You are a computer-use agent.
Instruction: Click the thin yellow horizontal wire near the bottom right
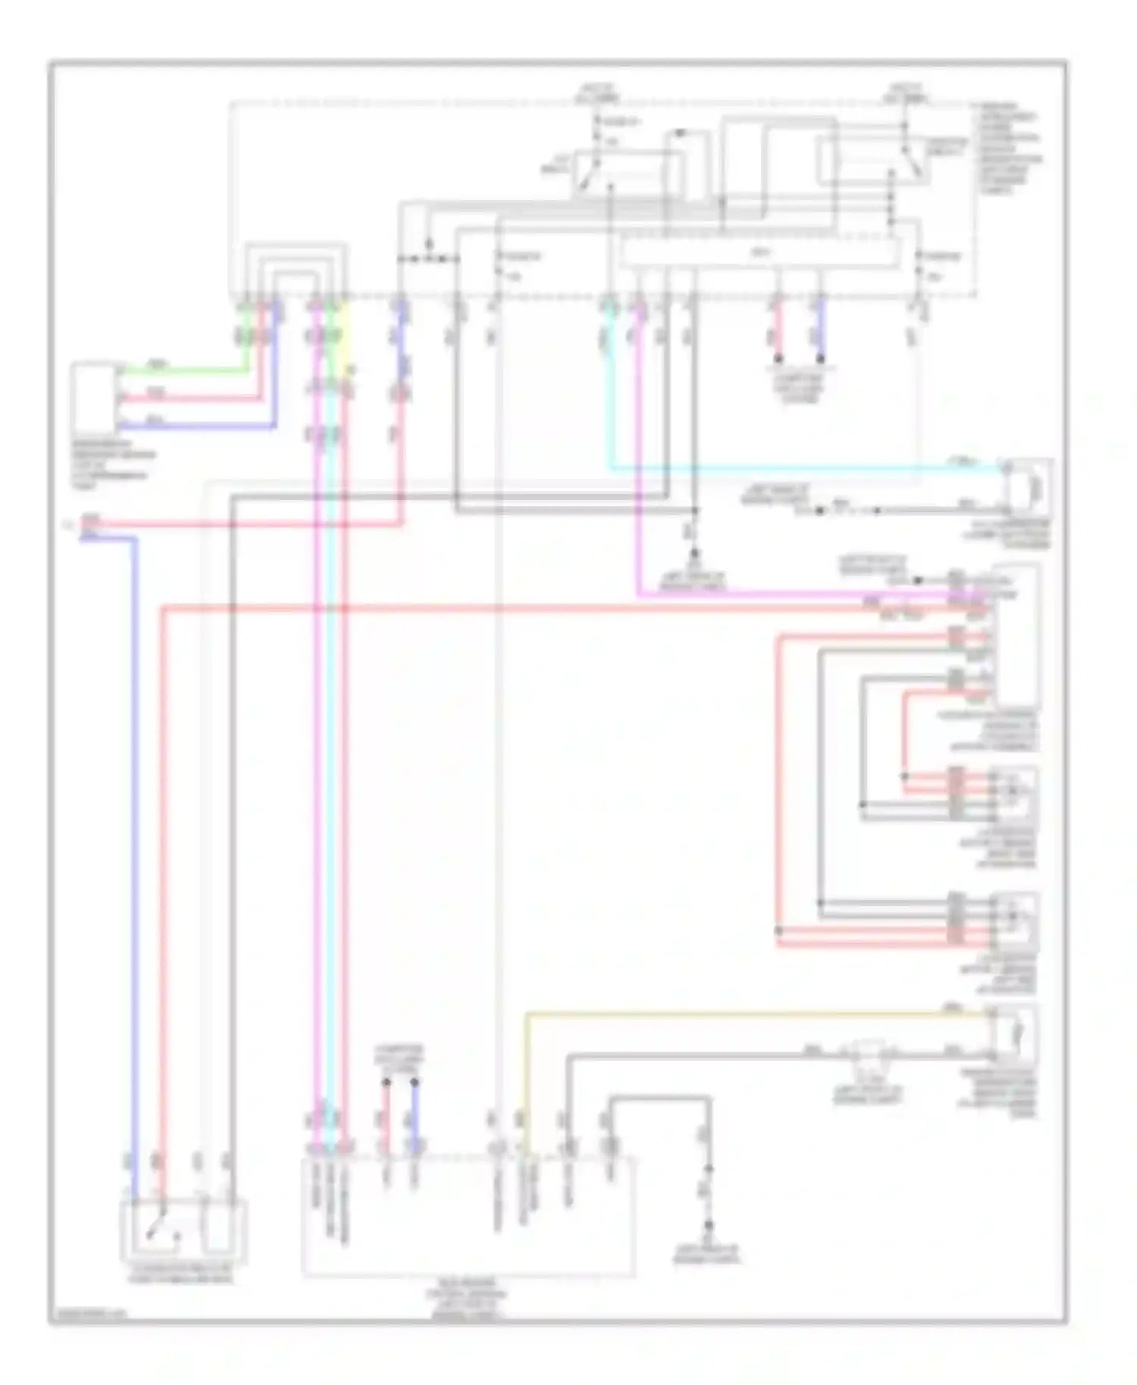coord(758,1013)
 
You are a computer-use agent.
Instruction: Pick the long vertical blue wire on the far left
coord(135,833)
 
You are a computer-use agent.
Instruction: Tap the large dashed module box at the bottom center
coord(468,1216)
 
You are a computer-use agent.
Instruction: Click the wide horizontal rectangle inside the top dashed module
coord(758,252)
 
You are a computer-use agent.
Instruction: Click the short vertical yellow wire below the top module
coord(346,333)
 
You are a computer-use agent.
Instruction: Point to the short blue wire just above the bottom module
coord(415,1114)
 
